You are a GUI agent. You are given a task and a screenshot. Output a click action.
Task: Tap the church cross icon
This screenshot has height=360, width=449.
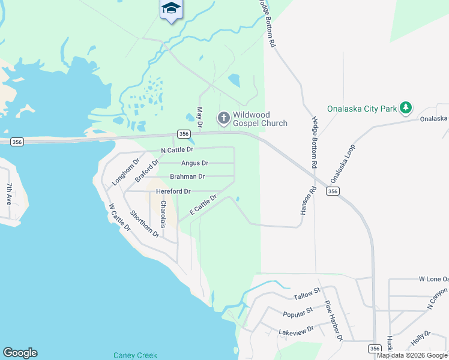click(224, 118)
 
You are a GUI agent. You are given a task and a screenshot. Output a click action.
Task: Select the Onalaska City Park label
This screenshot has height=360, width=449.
click(362, 109)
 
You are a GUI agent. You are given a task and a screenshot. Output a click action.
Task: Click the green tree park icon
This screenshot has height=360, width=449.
click(406, 108)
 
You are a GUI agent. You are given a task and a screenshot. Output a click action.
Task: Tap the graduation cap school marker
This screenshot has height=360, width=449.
click(171, 8)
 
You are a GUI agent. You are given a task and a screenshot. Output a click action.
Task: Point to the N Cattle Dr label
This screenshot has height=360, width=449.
click(177, 149)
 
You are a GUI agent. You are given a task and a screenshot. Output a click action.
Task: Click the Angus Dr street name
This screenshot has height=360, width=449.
click(194, 163)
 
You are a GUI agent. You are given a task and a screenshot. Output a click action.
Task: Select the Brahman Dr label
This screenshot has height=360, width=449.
click(187, 176)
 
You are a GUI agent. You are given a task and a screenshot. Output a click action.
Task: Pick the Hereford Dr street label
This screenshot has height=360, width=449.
click(173, 191)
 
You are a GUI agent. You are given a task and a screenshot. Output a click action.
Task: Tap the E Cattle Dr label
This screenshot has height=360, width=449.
click(202, 204)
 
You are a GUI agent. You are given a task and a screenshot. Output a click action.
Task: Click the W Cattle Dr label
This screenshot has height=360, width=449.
click(119, 217)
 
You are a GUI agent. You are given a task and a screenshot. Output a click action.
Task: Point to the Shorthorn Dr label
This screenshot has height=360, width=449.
click(145, 223)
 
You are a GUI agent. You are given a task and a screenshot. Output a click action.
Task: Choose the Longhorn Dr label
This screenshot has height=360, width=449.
click(125, 172)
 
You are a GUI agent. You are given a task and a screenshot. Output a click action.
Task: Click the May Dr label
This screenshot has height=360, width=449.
click(200, 116)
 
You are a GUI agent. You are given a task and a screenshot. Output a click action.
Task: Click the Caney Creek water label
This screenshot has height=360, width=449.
click(135, 355)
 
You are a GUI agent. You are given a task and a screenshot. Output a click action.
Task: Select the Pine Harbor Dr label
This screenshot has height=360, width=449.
click(333, 321)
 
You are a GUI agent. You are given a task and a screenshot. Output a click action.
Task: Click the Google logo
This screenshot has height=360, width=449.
click(20, 353)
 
